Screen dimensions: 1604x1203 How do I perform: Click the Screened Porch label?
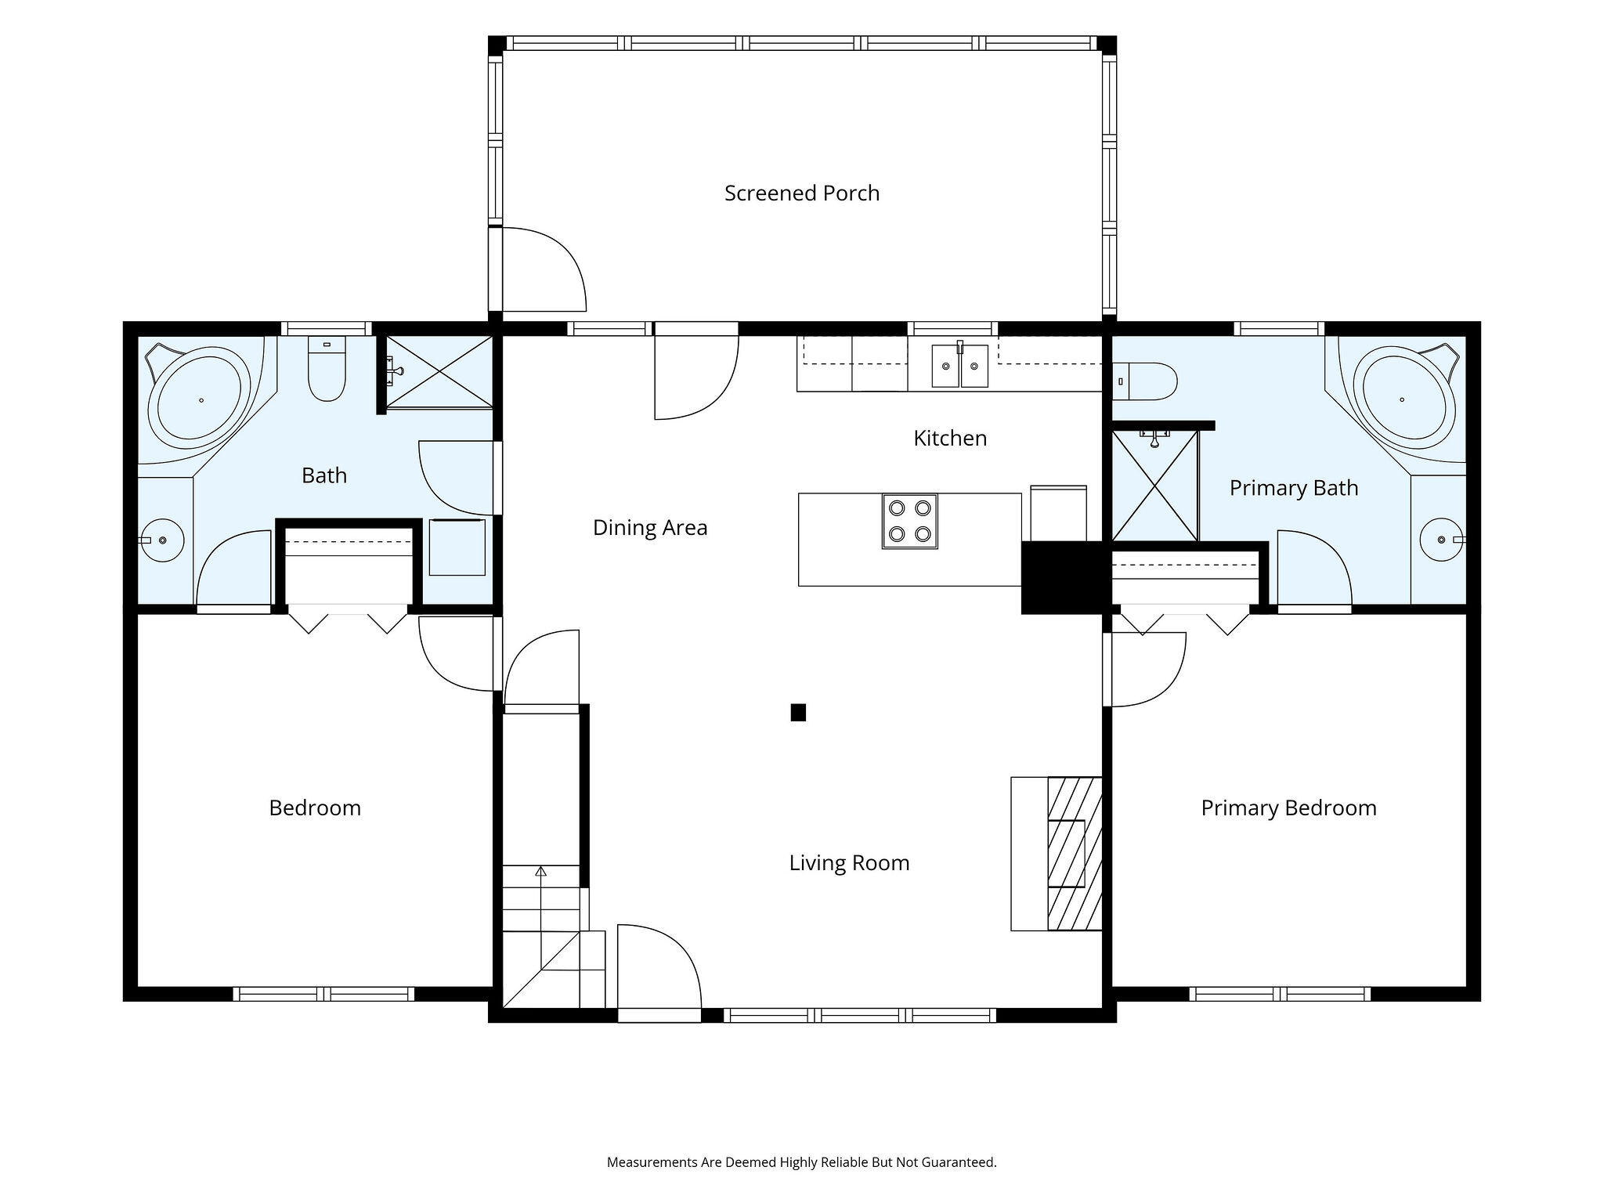(x=802, y=193)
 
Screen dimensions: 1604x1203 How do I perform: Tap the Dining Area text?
(x=650, y=528)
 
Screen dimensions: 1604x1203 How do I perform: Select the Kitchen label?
(x=950, y=438)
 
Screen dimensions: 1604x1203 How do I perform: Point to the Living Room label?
(x=849, y=863)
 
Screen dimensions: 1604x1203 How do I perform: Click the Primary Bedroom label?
(x=1288, y=808)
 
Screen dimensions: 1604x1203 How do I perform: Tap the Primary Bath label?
(x=1294, y=488)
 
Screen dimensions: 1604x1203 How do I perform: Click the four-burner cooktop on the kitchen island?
(x=909, y=521)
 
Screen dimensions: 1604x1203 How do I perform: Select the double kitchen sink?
(x=959, y=366)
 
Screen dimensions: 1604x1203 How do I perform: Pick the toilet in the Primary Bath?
(x=1144, y=381)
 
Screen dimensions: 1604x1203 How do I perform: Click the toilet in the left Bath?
(x=327, y=370)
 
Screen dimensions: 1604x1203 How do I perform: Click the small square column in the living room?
(x=798, y=713)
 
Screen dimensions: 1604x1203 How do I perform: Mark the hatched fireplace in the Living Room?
(x=1075, y=853)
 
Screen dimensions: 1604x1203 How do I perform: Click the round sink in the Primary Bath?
(x=1440, y=540)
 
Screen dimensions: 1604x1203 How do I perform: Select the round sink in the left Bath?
(x=163, y=540)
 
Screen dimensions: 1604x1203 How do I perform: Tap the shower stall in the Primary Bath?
(x=1155, y=486)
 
